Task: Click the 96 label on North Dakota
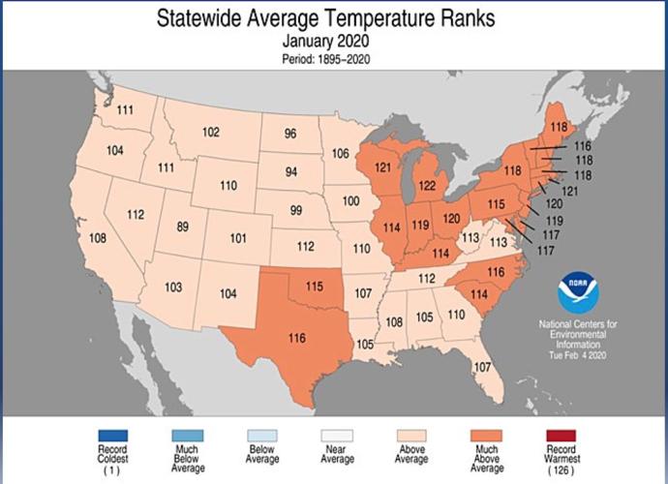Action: point(289,134)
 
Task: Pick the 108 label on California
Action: point(99,238)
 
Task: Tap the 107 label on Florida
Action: point(484,367)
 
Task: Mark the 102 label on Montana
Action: point(211,132)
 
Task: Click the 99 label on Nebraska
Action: point(297,210)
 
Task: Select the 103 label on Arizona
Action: point(173,287)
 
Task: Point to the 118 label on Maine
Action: point(559,127)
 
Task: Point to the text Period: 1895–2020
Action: point(333,58)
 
